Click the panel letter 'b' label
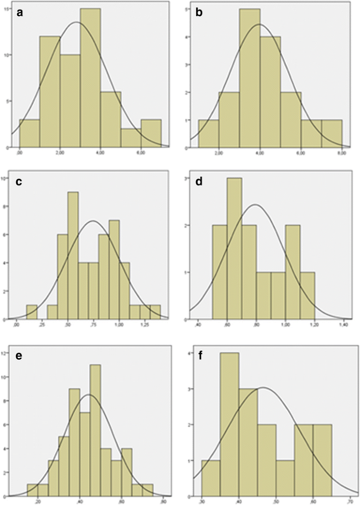(x=199, y=14)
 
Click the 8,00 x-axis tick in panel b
(x=341, y=153)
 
